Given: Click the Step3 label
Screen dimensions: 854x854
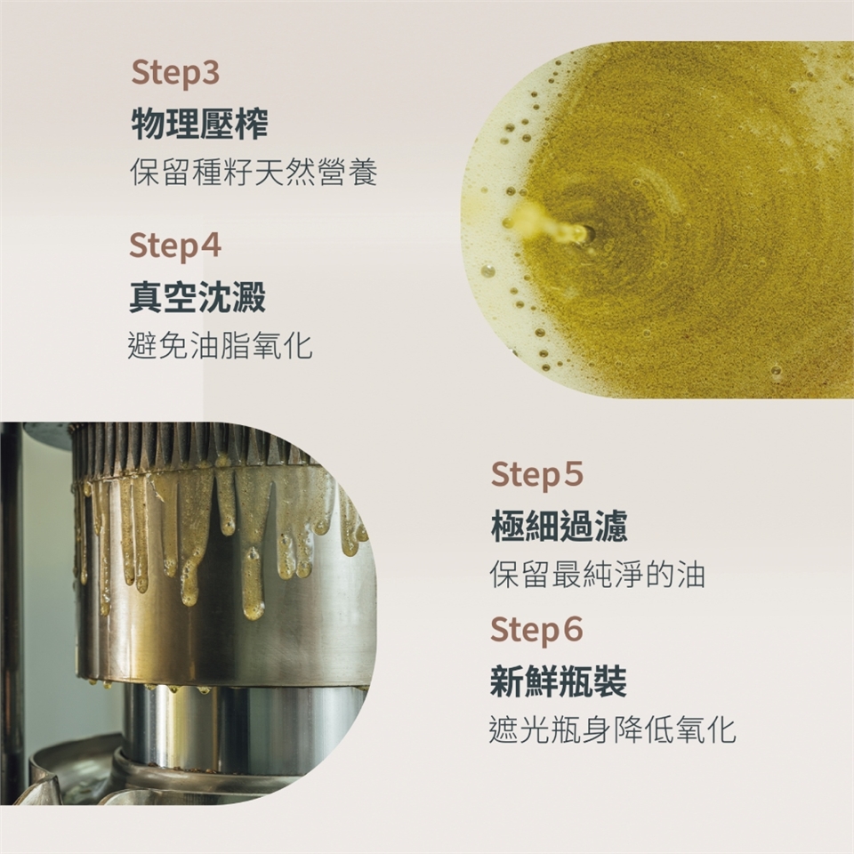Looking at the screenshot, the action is pos(175,74).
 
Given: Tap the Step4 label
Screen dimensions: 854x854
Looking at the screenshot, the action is pos(175,246).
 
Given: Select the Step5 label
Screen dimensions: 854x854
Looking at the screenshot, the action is pos(537,475).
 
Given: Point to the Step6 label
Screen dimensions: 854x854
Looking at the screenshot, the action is pos(537,630).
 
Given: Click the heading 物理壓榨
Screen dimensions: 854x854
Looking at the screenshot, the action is pos(199,125).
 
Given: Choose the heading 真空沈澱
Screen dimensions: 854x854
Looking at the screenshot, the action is pos(197,297).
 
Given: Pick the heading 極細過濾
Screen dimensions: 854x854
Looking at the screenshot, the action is pos(560,526).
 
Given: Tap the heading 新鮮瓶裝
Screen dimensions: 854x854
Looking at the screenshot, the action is pos(559,681).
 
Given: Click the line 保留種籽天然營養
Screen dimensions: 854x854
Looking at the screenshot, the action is pos(254,173).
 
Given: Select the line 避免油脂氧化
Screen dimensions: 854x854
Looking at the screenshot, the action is pos(220,345).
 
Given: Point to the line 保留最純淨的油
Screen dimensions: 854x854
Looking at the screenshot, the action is pos(598,574).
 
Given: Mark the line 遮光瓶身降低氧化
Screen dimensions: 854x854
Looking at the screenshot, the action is pos(613,729).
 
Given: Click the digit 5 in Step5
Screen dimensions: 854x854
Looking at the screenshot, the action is pos(572,474).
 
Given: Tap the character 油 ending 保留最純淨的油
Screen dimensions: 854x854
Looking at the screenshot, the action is pos(691,574).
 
